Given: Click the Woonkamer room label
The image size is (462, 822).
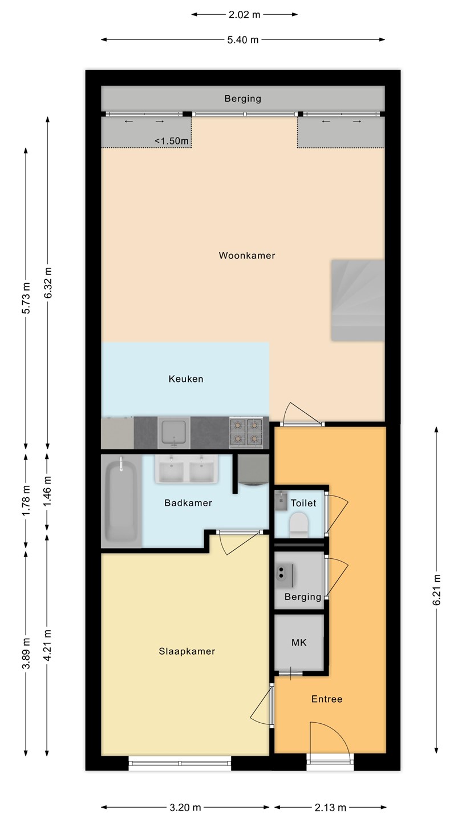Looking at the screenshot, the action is pyautogui.click(x=247, y=255).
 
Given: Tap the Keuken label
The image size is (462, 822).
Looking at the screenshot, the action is pyautogui.click(x=186, y=378).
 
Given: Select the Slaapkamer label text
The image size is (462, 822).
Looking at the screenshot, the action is pyautogui.click(x=187, y=651).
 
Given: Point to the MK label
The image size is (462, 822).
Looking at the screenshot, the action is pyautogui.click(x=299, y=643).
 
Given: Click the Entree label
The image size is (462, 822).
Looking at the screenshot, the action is pyautogui.click(x=327, y=699).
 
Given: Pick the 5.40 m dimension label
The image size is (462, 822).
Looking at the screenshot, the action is pyautogui.click(x=243, y=39).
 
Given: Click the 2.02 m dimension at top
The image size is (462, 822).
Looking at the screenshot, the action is pyautogui.click(x=244, y=15).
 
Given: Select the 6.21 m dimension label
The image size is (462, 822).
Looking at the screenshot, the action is pyautogui.click(x=436, y=590).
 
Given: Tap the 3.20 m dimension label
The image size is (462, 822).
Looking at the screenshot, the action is pyautogui.click(x=185, y=807).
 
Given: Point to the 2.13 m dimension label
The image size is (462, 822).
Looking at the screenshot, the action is pyautogui.click(x=330, y=807).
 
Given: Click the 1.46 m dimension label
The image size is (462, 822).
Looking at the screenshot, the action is pyautogui.click(x=47, y=491).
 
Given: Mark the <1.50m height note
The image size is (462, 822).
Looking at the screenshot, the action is pyautogui.click(x=172, y=141).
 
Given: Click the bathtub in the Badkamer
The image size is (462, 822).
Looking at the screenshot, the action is pyautogui.click(x=121, y=501).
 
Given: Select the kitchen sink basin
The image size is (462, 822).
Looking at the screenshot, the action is pyautogui.click(x=174, y=432).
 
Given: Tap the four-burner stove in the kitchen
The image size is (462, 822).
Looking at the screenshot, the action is pyautogui.click(x=246, y=432).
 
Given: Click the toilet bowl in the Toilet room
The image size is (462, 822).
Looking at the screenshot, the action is pyautogui.click(x=298, y=525).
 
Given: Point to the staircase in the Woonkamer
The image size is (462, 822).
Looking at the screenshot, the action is pyautogui.click(x=358, y=300).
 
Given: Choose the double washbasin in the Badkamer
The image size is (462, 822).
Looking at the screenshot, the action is pyautogui.click(x=187, y=469).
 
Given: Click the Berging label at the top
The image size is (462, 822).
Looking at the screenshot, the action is pyautogui.click(x=243, y=98).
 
